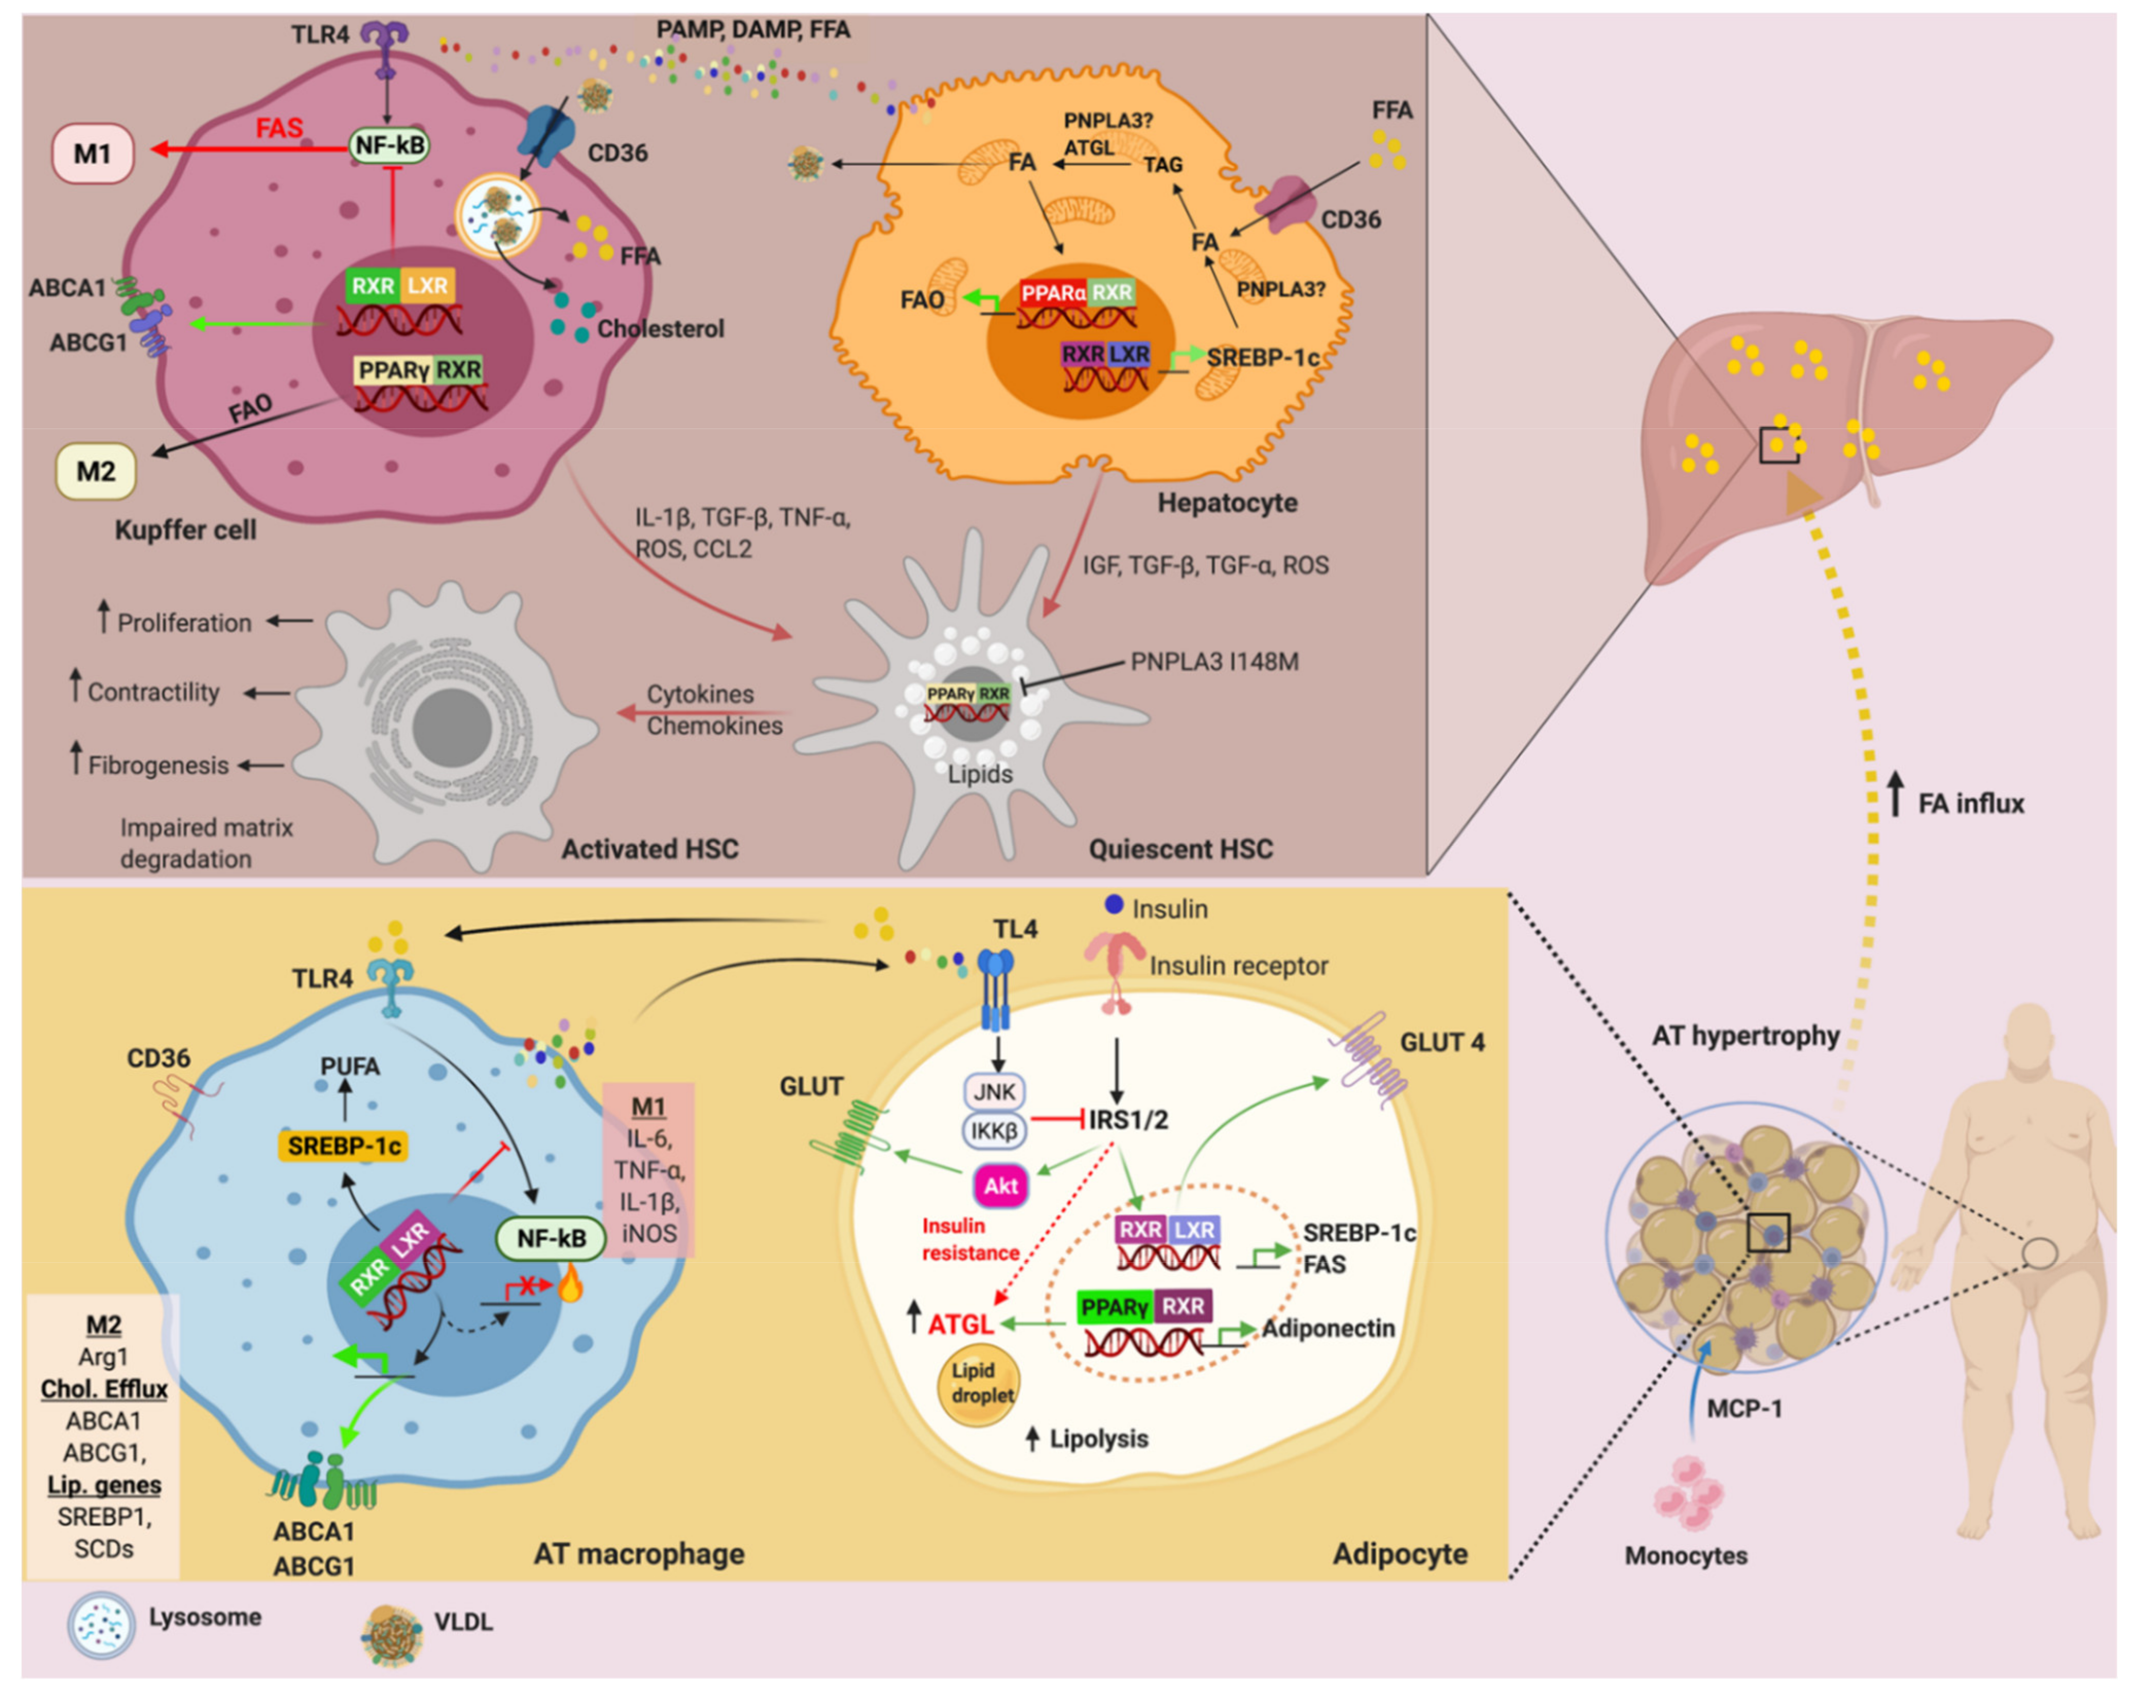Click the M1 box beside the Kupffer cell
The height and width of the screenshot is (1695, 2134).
pyautogui.click(x=92, y=153)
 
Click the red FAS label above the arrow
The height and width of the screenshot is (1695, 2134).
pyautogui.click(x=279, y=129)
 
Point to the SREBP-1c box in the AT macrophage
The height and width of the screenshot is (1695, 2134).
pyautogui.click(x=343, y=1146)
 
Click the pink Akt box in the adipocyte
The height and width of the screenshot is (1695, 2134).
pyautogui.click(x=1001, y=1185)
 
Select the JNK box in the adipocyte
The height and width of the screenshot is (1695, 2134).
pyautogui.click(x=994, y=1092)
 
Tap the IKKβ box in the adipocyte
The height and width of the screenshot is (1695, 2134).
pyautogui.click(x=994, y=1130)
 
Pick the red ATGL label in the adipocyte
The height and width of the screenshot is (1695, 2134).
pyautogui.click(x=960, y=1324)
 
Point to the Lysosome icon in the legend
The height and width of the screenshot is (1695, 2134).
pyautogui.click(x=101, y=1625)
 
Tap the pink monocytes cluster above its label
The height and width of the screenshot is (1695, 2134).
pyautogui.click(x=1688, y=1492)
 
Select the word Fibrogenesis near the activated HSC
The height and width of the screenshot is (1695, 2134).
pyautogui.click(x=158, y=765)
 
